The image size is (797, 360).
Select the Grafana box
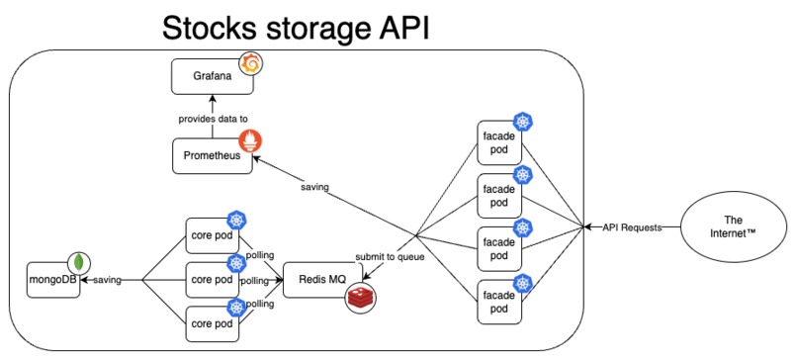(212, 76)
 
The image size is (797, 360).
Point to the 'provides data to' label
(213, 118)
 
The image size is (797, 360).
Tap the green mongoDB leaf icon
(78, 264)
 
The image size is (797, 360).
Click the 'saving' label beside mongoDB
(108, 281)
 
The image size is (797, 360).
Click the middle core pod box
(212, 281)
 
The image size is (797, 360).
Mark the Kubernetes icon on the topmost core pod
(237, 220)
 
